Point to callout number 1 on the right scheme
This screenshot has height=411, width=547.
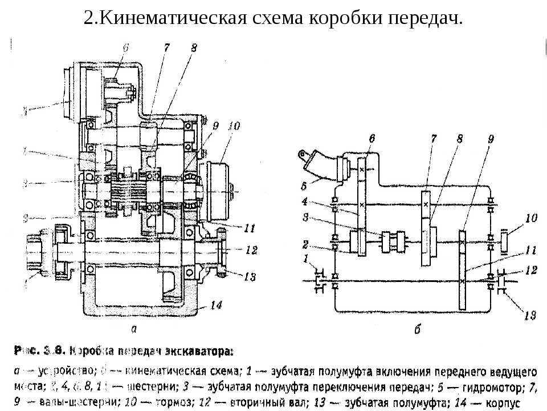tap(308, 260)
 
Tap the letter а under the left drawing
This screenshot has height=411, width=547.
tap(134, 328)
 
